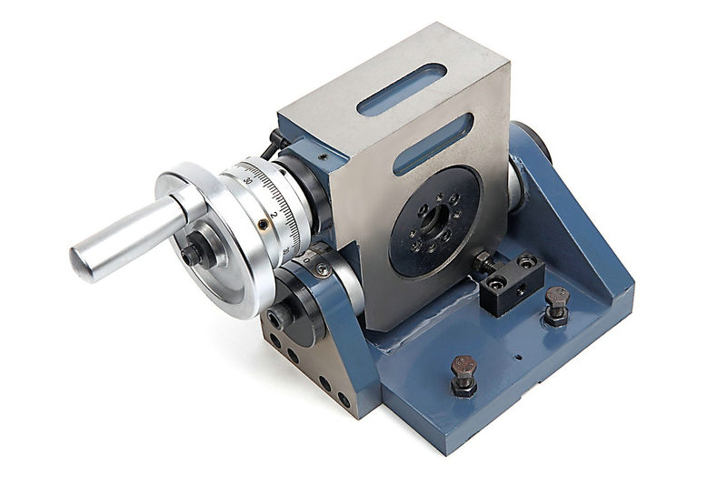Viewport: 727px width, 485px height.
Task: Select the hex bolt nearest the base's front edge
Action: point(463,373)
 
